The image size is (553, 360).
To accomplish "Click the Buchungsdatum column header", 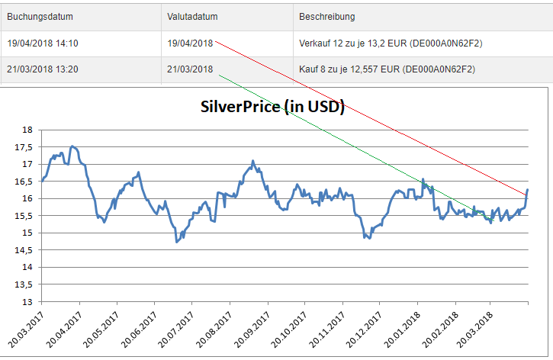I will click(40, 16).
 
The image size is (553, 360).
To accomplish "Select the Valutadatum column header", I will click(190, 16).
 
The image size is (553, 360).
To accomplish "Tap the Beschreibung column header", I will click(327, 16).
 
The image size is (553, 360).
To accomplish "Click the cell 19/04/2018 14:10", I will click(43, 43).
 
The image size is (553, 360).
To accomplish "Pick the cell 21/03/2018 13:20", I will click(43, 69).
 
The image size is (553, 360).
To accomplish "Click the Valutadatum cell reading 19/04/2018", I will click(190, 43).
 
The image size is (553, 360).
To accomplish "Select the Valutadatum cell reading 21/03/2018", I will click(190, 69).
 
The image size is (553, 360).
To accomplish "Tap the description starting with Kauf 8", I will click(387, 69).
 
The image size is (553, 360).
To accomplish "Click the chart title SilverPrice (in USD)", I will click(272, 108).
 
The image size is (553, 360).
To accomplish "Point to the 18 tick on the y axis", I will click(27, 130).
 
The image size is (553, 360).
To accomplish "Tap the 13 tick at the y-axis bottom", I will click(27, 302).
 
